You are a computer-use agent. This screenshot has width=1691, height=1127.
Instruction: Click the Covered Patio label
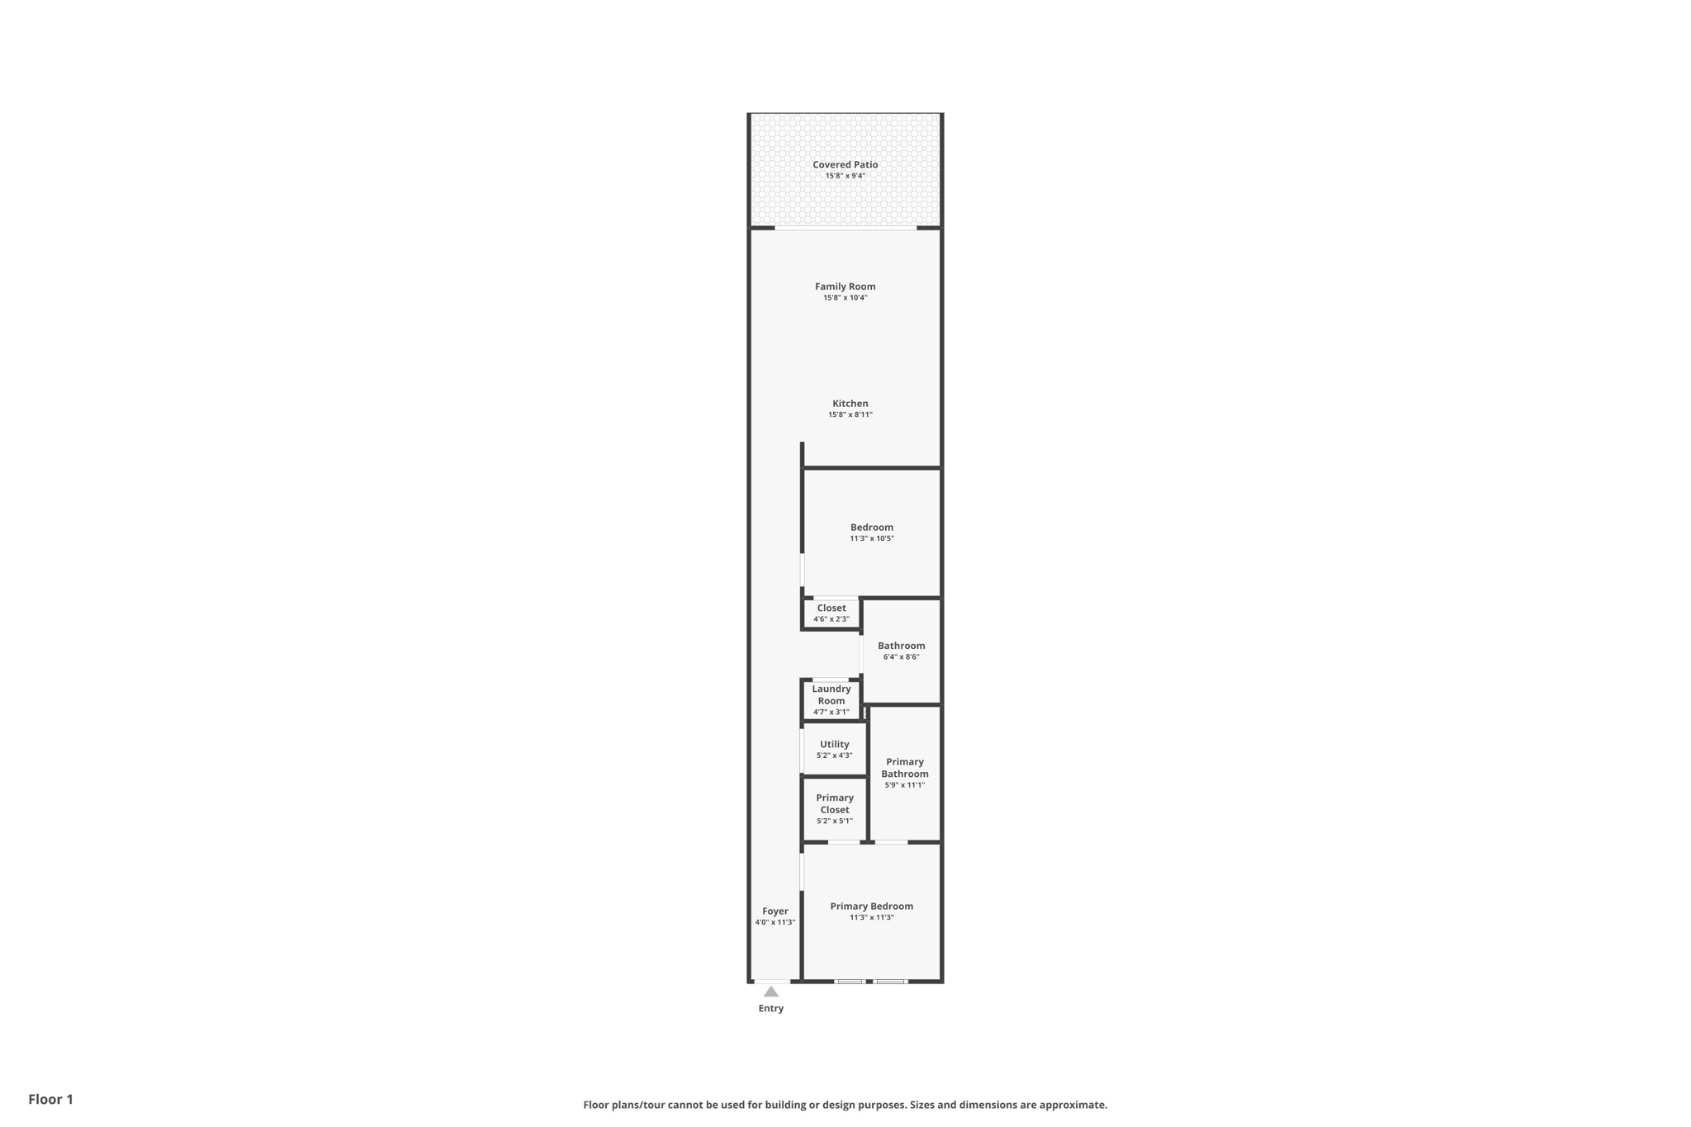(x=845, y=164)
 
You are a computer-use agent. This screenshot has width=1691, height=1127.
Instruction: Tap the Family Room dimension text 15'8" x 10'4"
(x=845, y=298)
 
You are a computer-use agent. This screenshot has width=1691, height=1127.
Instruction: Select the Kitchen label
(x=850, y=404)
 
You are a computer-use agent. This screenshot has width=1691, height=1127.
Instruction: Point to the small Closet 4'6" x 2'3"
(x=831, y=613)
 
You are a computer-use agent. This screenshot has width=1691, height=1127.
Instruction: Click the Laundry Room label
(x=831, y=694)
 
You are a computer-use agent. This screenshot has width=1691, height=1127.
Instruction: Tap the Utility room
(x=834, y=749)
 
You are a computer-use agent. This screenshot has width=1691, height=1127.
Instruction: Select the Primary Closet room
(x=834, y=808)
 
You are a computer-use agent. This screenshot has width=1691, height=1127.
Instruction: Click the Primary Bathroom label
(x=904, y=768)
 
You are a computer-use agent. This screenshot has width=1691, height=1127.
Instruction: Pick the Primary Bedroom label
(x=871, y=906)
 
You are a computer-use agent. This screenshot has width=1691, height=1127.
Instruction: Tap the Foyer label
(x=774, y=912)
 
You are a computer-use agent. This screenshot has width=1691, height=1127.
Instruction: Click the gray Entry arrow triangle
(x=770, y=992)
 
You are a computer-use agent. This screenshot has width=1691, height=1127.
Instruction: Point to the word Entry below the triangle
(x=770, y=1009)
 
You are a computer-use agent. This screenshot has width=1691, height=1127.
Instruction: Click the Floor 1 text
(x=50, y=1099)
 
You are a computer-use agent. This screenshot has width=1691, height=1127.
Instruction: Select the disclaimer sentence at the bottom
(x=845, y=1105)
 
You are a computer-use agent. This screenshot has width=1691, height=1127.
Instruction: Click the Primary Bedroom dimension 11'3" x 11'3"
(x=871, y=917)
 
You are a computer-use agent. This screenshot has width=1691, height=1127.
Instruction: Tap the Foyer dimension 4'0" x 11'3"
(x=774, y=922)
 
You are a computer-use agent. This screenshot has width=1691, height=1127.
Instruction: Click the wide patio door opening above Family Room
(x=845, y=228)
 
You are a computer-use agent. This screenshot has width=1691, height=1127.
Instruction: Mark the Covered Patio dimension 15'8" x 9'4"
(x=845, y=176)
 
